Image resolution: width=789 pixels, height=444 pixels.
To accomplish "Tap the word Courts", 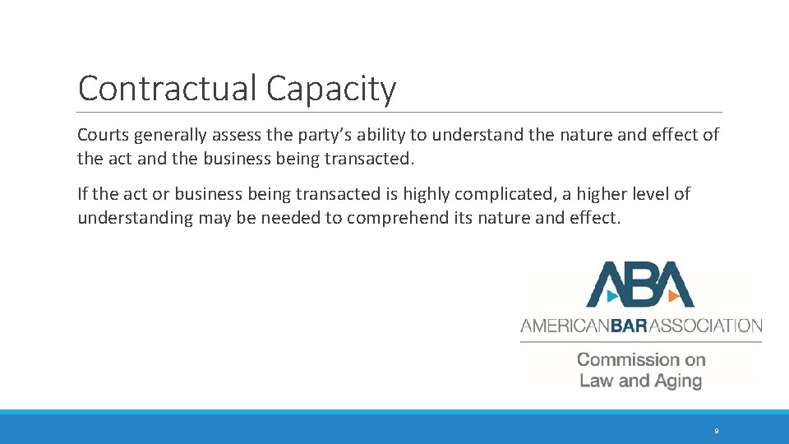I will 104,135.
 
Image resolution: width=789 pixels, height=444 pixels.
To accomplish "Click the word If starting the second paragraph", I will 82,194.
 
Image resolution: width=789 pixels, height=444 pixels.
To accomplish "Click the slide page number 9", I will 717,431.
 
